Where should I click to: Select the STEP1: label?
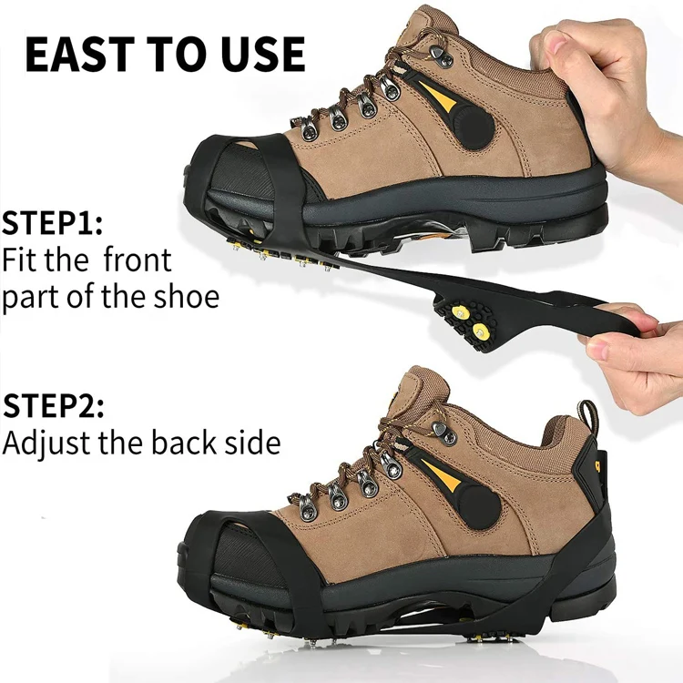coord(52,223)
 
